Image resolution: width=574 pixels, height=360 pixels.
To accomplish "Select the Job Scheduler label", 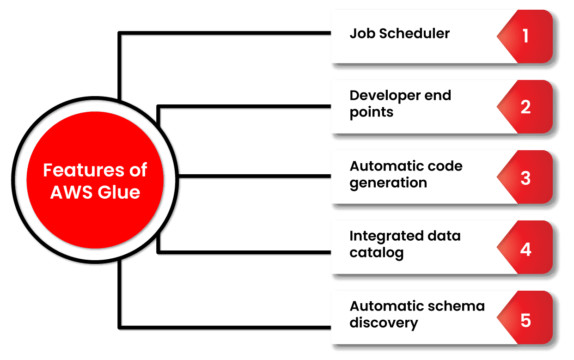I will tap(399, 34).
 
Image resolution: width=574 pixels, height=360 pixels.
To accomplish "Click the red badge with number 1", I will tap(525, 36).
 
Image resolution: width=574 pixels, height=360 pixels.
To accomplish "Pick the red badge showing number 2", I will tap(525, 107).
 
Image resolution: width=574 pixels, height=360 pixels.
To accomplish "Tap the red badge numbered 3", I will tap(525, 178).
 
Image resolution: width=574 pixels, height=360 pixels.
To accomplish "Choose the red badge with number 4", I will tap(525, 250).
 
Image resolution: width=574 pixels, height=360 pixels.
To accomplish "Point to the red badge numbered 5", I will tap(525, 321).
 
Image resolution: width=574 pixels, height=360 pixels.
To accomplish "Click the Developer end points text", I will tap(400, 104).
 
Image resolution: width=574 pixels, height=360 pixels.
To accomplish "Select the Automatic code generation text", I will tap(406, 174).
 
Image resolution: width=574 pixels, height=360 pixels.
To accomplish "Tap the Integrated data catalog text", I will tap(405, 244).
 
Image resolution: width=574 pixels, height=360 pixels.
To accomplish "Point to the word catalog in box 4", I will tap(376, 253).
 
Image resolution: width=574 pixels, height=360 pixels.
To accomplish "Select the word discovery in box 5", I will tap(384, 323).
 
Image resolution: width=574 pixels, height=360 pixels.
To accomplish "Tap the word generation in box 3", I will tap(388, 183).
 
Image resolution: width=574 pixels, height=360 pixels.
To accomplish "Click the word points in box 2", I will tap(371, 112).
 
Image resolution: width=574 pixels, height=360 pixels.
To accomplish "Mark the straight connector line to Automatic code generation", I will tap(254, 177).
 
